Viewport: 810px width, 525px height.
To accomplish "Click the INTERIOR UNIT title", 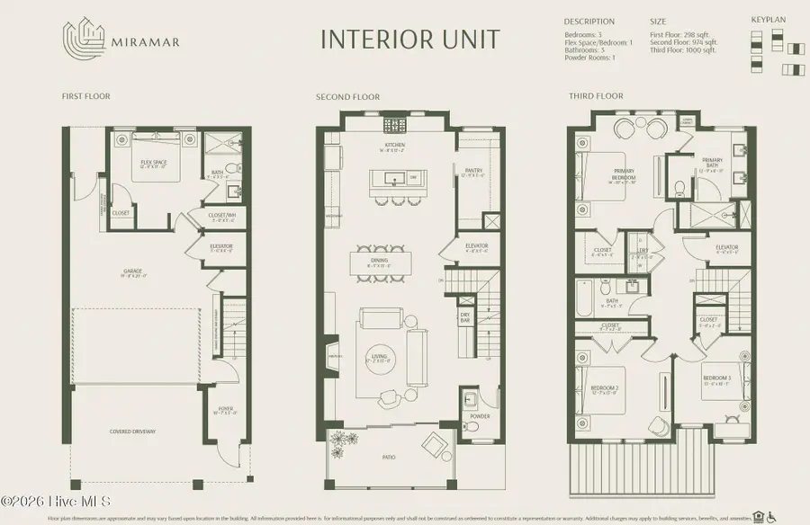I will pos(409,40).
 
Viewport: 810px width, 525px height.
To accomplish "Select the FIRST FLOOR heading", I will pos(85,96).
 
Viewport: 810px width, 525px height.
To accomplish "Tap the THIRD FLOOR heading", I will pos(596,96).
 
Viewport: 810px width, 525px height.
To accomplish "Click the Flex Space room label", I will pos(155,163).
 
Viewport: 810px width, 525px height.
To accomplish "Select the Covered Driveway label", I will pos(133,432).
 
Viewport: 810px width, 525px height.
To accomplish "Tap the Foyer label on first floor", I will pos(225,410).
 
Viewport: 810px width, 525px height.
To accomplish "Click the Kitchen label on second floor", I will pos(395,145).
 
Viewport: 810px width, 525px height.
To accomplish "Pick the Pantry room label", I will pos(474,170).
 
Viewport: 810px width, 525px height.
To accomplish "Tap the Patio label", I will pos(389,458).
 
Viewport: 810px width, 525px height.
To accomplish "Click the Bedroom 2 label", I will pos(602,388).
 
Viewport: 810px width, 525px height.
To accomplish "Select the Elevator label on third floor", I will pos(726,247).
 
